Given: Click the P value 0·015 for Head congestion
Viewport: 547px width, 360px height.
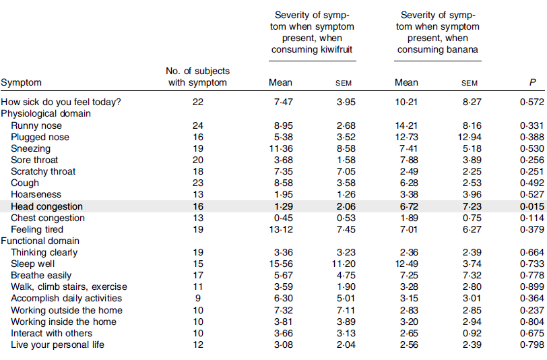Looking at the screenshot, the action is click(x=532, y=206).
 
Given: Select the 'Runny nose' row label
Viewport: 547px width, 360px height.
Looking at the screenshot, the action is click(x=36, y=125).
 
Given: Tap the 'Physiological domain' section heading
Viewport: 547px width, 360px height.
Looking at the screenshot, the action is click(x=46, y=113).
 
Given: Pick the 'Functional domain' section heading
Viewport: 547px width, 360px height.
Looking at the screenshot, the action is click(x=40, y=241).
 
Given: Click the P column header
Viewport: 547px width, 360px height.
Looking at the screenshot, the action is click(x=532, y=82).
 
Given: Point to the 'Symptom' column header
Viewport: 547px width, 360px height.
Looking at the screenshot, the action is click(x=22, y=83).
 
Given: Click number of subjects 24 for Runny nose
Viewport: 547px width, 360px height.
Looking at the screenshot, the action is click(x=198, y=125).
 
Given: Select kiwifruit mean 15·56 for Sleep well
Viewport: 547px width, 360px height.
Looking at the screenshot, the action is click(x=281, y=264).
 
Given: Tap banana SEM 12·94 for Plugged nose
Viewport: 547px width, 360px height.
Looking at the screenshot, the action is click(x=470, y=137).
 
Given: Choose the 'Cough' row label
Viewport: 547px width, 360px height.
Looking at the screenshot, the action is click(x=25, y=183).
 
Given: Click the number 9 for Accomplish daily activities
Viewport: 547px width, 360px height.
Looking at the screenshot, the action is click(x=198, y=298).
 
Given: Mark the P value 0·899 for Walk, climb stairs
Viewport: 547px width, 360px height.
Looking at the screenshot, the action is click(x=532, y=287).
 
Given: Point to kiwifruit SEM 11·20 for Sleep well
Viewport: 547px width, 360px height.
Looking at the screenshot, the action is click(x=344, y=264).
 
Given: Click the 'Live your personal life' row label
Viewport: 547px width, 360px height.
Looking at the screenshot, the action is click(x=57, y=344).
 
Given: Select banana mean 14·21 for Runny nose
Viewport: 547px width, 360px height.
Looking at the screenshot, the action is click(x=406, y=125).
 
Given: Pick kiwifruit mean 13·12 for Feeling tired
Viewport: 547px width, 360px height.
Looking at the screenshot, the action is click(x=281, y=229).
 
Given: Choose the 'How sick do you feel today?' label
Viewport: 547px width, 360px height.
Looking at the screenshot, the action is click(x=61, y=102).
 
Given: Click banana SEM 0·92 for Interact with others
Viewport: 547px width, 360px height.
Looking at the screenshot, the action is click(x=472, y=333).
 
